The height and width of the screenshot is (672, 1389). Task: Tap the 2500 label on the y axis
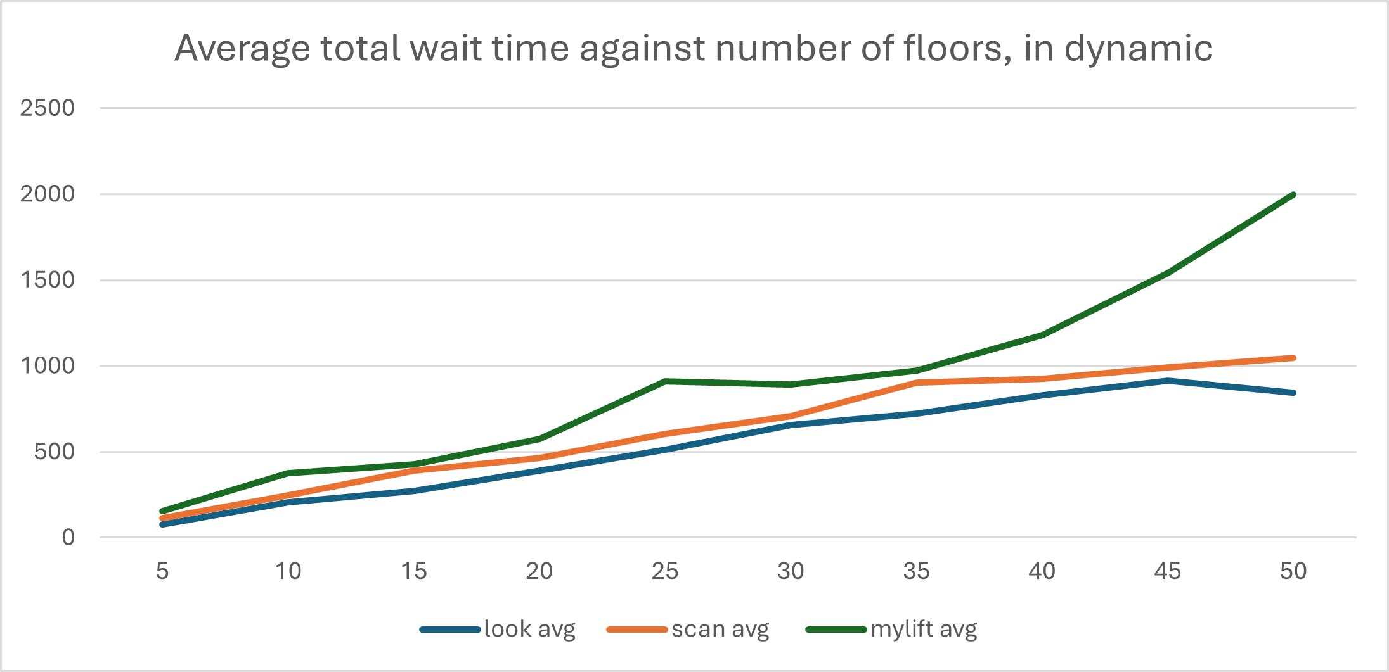tap(48, 108)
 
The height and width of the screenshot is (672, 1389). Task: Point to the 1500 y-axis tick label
tap(48, 279)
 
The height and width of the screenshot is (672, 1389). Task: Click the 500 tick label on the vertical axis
tap(55, 452)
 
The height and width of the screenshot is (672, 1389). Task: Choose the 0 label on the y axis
tap(68, 538)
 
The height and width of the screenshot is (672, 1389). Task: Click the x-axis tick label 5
tap(162, 571)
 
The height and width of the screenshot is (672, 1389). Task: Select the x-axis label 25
tap(665, 571)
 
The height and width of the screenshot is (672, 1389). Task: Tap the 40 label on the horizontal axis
tap(1042, 571)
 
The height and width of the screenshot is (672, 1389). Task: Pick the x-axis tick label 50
tap(1293, 571)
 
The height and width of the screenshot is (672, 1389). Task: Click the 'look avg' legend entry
tap(529, 629)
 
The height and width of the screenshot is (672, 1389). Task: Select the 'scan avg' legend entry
tap(720, 629)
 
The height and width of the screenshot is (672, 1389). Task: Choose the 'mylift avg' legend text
tap(924, 629)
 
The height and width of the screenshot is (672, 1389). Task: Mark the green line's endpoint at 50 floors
tap(1293, 194)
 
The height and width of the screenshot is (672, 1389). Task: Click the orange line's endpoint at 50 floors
tap(1293, 358)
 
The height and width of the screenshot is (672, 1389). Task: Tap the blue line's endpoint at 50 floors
tap(1293, 393)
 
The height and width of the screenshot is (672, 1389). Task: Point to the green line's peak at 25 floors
tap(665, 381)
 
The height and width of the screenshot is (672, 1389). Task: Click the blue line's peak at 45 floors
tap(1168, 381)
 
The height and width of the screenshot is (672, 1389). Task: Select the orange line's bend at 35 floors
tap(917, 383)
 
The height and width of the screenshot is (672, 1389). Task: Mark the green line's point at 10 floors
tap(288, 473)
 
